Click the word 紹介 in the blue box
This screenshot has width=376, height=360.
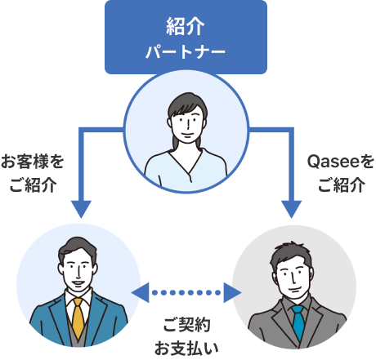tap(186, 26)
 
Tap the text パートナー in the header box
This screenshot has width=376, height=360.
tap(186, 51)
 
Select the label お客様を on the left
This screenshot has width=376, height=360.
tap(33, 162)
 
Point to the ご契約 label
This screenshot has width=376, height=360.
tap(186, 325)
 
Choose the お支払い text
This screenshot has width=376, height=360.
tap(186, 349)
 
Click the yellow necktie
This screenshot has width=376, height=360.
tap(78, 318)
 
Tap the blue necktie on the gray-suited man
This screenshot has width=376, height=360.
tap(298, 322)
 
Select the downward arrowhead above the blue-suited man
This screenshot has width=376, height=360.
tap(81, 209)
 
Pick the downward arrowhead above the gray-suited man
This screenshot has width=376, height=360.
tap(291, 209)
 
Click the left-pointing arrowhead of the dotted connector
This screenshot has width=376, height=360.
tap(141, 293)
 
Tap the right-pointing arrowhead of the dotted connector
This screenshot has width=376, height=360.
tap(232, 293)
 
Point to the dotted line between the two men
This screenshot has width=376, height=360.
tap(186, 293)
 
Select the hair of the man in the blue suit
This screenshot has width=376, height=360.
tap(78, 247)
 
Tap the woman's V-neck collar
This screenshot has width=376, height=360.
tap(186, 163)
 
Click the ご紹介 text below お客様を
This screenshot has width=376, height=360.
tap(33, 184)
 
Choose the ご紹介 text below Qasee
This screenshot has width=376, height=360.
tap(342, 184)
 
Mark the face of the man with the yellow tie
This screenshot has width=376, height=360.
tap(78, 272)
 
